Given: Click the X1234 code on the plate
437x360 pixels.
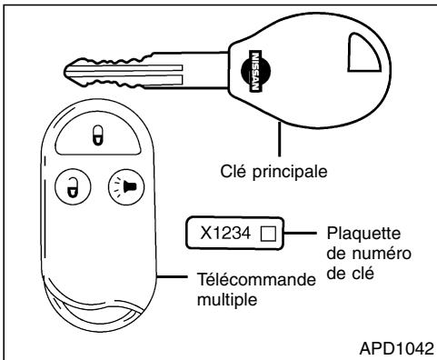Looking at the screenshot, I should point(227,235).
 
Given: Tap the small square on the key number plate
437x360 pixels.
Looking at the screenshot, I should point(266,235).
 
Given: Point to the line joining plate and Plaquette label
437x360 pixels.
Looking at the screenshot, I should point(299,235).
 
